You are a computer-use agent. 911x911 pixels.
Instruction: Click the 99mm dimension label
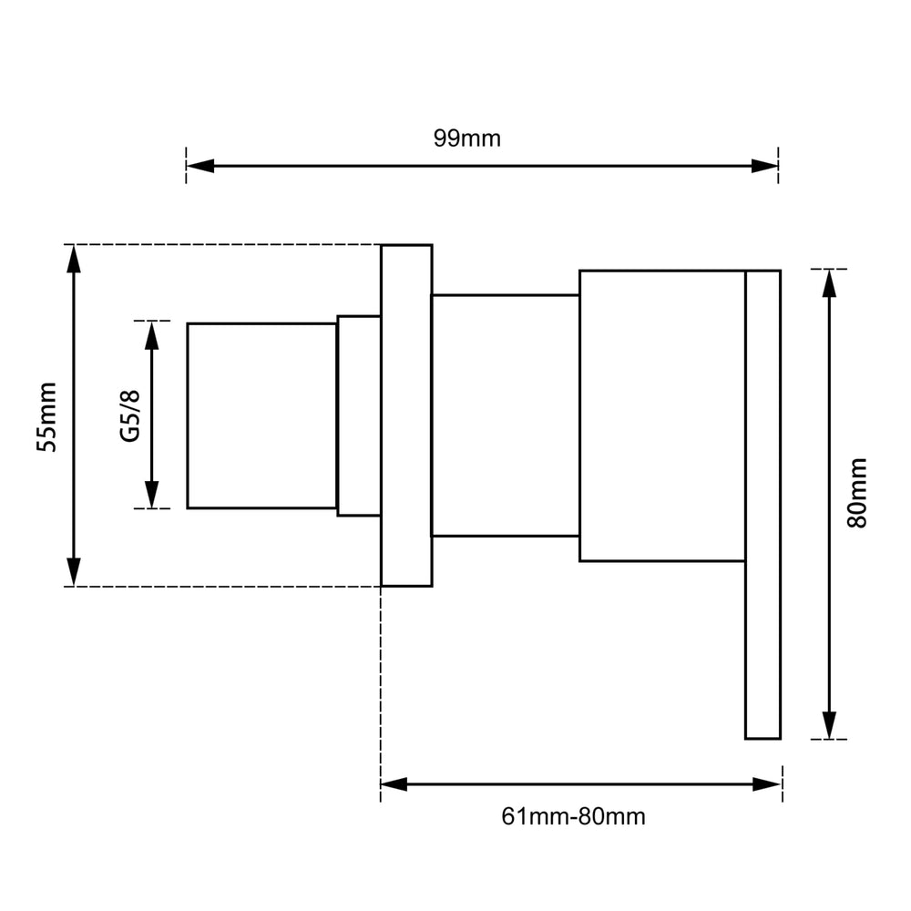pyautogui.click(x=466, y=138)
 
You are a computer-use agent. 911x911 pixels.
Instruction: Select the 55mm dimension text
pyautogui.click(x=46, y=416)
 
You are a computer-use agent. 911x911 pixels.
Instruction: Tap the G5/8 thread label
pyautogui.click(x=130, y=416)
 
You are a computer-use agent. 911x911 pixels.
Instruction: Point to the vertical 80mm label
pyautogui.click(x=857, y=493)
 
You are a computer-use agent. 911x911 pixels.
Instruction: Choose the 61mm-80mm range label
pyautogui.click(x=573, y=816)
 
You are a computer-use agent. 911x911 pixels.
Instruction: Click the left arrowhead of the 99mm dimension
pyautogui.click(x=200, y=166)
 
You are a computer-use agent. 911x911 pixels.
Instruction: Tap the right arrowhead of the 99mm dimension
pyautogui.click(x=764, y=166)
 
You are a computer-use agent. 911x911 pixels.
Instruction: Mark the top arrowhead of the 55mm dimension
pyautogui.click(x=74, y=259)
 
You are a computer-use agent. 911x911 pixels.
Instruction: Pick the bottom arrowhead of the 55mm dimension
pyautogui.click(x=74, y=572)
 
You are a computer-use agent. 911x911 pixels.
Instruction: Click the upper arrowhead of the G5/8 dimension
pyautogui.click(x=151, y=335)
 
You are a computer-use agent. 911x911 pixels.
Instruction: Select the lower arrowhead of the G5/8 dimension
pyautogui.click(x=151, y=495)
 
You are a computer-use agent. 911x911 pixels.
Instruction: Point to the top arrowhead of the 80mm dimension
pyautogui.click(x=830, y=283)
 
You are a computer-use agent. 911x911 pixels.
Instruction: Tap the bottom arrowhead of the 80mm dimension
pyautogui.click(x=830, y=725)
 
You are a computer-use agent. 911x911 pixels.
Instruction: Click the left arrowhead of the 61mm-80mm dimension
pyautogui.click(x=394, y=783)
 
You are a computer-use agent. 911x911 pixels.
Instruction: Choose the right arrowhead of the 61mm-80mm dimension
pyautogui.click(x=767, y=783)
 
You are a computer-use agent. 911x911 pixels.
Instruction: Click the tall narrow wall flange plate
pyautogui.click(x=406, y=415)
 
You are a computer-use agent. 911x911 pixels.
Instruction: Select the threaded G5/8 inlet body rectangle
pyautogui.click(x=262, y=416)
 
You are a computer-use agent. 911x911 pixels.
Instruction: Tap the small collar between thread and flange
pyautogui.click(x=359, y=416)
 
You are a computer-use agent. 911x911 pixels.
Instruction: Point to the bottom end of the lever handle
pyautogui.click(x=763, y=738)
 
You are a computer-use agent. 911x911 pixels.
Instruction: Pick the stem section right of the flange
pyautogui.click(x=506, y=415)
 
